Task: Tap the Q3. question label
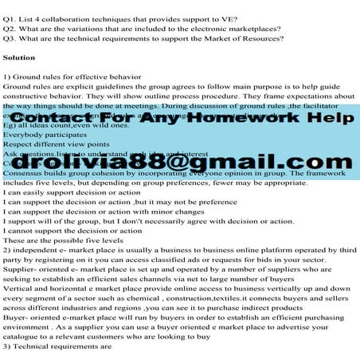coord(10,37)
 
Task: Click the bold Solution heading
coord(19,58)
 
